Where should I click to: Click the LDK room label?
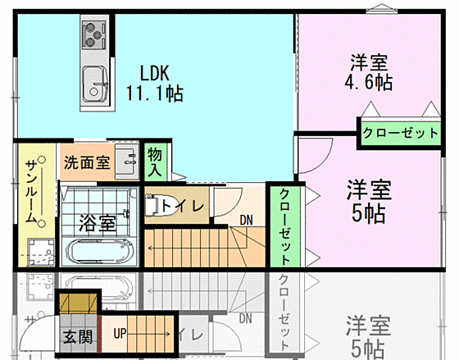[154, 71]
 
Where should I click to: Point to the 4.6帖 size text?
[370, 82]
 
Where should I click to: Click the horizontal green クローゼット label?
[400, 132]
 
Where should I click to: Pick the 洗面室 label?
[87, 162]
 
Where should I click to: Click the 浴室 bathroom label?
[96, 221]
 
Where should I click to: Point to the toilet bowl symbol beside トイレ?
[152, 205]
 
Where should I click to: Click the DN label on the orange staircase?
[247, 219]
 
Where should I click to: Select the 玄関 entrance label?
[78, 335]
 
